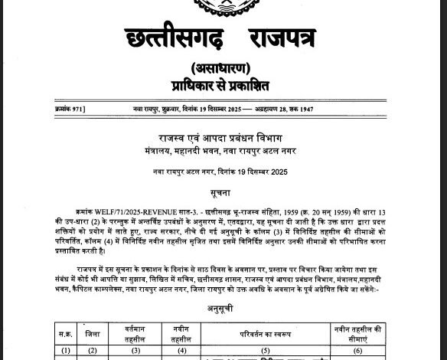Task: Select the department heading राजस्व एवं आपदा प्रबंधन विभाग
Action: (223, 138)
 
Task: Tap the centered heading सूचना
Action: (223, 188)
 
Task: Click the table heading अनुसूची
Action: (223, 291)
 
